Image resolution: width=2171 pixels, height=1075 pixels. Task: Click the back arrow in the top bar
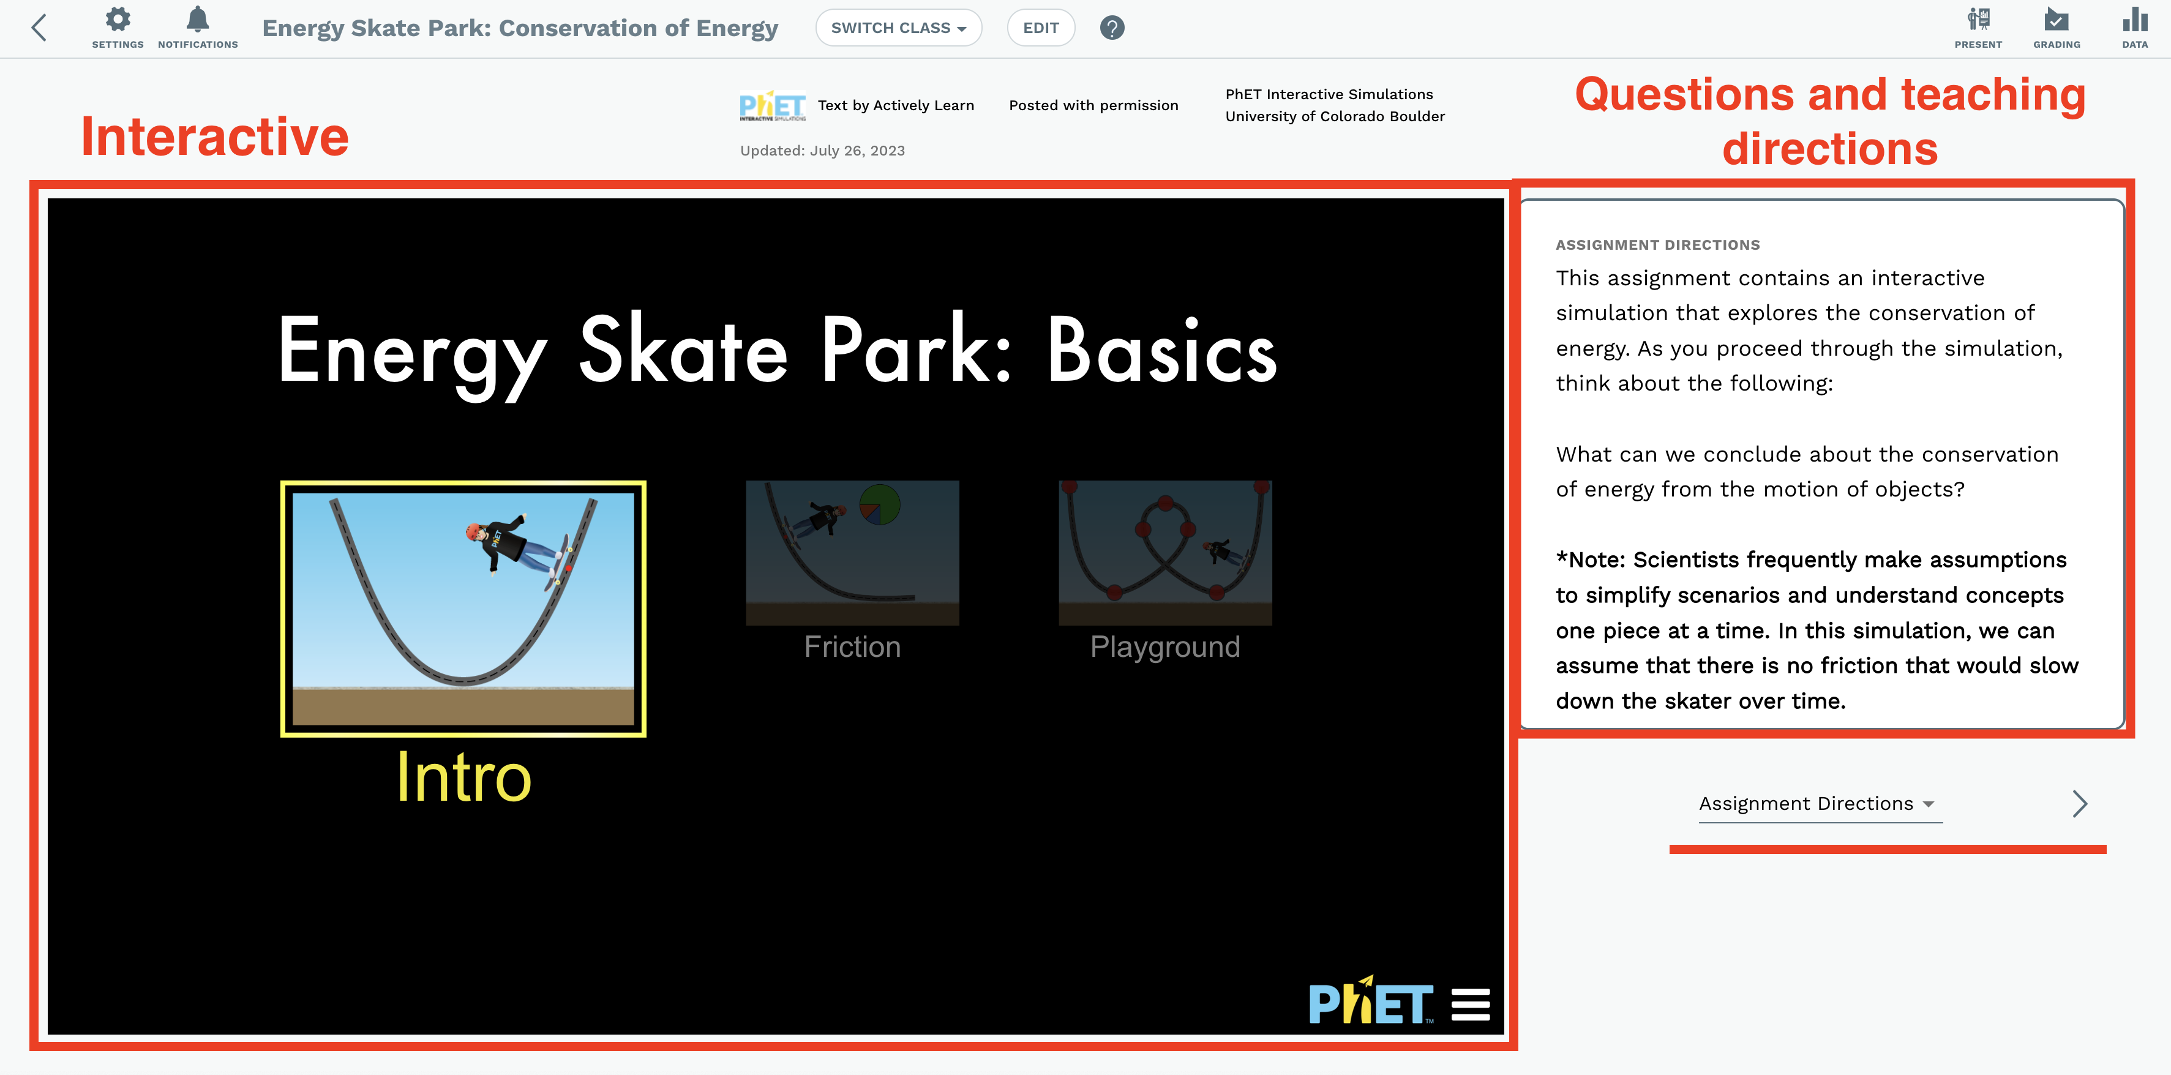click(39, 28)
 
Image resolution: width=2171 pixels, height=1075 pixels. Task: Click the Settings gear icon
click(118, 20)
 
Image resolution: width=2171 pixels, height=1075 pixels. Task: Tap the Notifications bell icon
click(197, 20)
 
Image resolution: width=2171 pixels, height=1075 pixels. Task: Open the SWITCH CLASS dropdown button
click(898, 28)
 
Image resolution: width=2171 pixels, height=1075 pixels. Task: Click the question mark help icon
click(1112, 28)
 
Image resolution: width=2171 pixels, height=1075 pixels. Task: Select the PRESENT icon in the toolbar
click(1978, 20)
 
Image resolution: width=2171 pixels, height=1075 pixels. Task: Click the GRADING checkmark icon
click(2057, 20)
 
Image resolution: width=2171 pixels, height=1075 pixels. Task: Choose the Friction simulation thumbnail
click(852, 553)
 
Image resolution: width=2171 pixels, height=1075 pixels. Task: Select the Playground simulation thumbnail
click(1164, 553)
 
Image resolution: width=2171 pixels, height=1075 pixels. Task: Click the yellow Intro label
click(463, 777)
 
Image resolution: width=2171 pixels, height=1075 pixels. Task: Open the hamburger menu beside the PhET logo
click(1471, 1004)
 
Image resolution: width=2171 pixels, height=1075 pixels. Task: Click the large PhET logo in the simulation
click(1370, 1003)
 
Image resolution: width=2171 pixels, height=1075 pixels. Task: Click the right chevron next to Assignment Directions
click(2079, 804)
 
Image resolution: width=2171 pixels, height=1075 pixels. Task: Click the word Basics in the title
click(1161, 351)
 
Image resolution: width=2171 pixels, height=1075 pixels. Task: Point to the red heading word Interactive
click(215, 137)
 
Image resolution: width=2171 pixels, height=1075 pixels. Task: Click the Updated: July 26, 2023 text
click(822, 151)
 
